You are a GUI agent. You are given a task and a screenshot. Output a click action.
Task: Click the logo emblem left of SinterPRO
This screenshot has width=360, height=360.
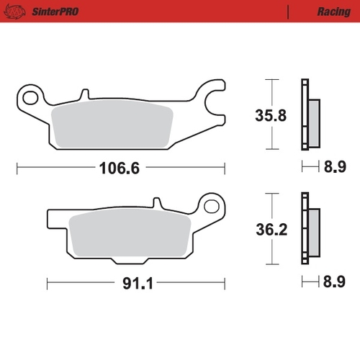coord(21,12)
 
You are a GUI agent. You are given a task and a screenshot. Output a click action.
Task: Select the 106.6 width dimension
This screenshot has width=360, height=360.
coord(119,168)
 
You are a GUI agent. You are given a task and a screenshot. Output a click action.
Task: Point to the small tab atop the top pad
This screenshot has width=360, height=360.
coord(85,94)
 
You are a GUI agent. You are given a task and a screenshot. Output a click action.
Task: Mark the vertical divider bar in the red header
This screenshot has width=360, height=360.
coord(287,12)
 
